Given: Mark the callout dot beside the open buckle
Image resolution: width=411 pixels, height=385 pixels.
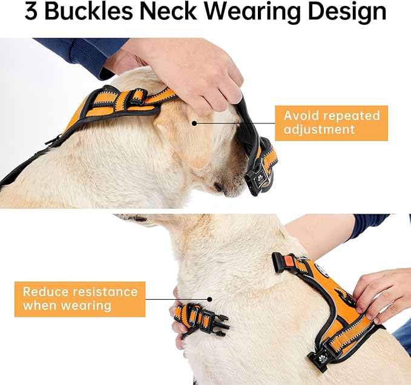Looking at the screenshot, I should (209, 298).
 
